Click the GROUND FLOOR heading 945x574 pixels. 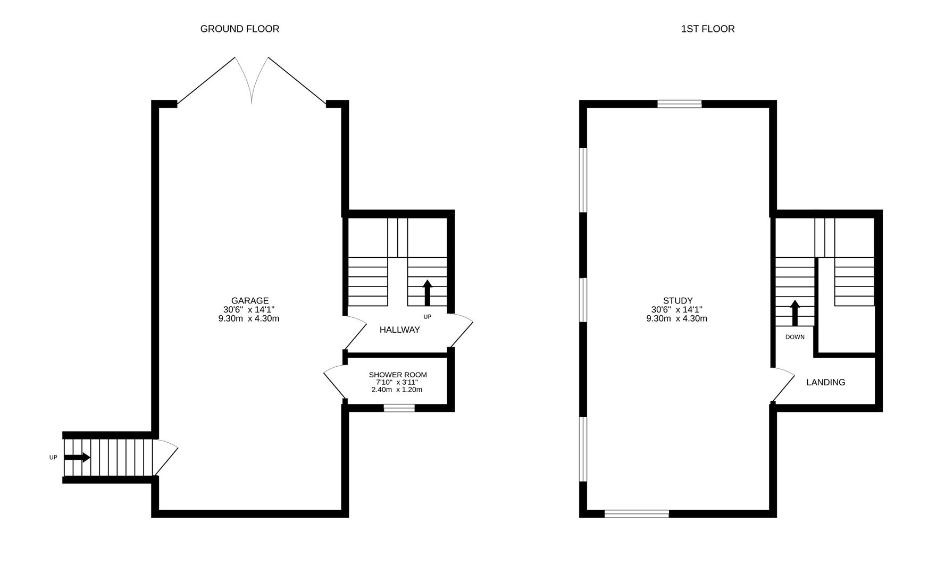(x=239, y=29)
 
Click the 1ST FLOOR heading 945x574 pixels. (x=707, y=29)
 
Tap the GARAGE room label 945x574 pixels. (x=249, y=301)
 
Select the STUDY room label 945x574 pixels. (x=678, y=301)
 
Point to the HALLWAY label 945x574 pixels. (x=399, y=330)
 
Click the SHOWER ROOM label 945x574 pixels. (x=398, y=375)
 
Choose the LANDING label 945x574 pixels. (x=825, y=382)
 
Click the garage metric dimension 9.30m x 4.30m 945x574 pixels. (x=249, y=319)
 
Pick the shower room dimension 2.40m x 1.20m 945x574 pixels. (x=397, y=390)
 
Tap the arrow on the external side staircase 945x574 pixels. (x=77, y=458)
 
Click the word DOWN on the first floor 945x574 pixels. (x=795, y=337)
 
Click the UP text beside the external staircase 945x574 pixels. (x=53, y=458)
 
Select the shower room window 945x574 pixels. (x=399, y=408)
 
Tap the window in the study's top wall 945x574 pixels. (x=679, y=104)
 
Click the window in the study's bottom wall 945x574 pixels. (x=637, y=513)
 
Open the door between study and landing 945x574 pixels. (x=782, y=384)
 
